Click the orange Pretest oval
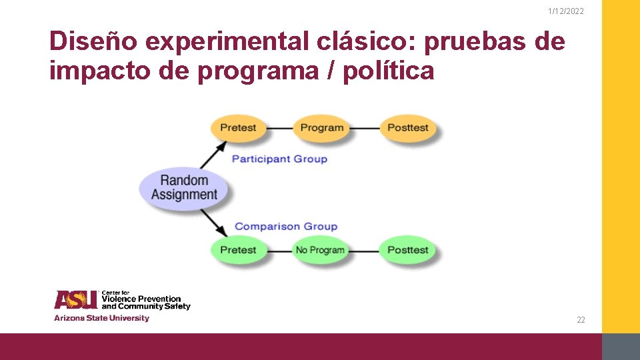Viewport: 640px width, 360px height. click(x=238, y=127)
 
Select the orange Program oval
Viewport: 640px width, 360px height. click(x=322, y=127)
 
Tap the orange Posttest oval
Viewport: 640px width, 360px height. click(x=407, y=127)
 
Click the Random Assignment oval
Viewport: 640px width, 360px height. click(x=184, y=187)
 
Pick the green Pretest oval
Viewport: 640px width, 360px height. click(x=238, y=250)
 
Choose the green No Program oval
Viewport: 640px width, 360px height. click(x=321, y=250)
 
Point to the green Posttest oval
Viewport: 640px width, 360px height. click(x=407, y=250)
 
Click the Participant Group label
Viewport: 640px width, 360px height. click(x=279, y=159)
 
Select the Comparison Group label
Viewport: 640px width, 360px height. click(x=286, y=227)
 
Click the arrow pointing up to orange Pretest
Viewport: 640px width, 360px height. click(x=211, y=157)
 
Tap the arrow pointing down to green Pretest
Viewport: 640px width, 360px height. click(x=213, y=221)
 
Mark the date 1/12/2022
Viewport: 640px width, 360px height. click(x=565, y=11)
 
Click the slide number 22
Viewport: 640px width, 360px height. click(x=581, y=320)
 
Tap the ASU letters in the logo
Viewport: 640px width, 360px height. click(x=76, y=300)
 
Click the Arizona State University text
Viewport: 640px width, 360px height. click(x=101, y=318)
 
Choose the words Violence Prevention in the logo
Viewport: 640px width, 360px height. click(x=141, y=299)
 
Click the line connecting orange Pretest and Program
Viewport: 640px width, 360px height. click(x=279, y=127)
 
